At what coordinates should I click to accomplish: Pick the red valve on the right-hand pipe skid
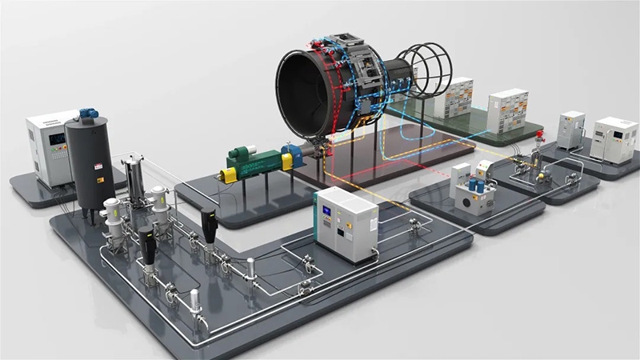[x=541, y=133]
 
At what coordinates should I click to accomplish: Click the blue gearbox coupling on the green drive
[x=294, y=156]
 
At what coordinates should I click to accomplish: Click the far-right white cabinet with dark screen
[x=614, y=140]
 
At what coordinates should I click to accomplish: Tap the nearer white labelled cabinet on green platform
[x=507, y=110]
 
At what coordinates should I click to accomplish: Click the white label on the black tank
[x=98, y=166]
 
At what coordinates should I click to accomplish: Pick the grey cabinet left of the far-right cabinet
[x=571, y=130]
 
